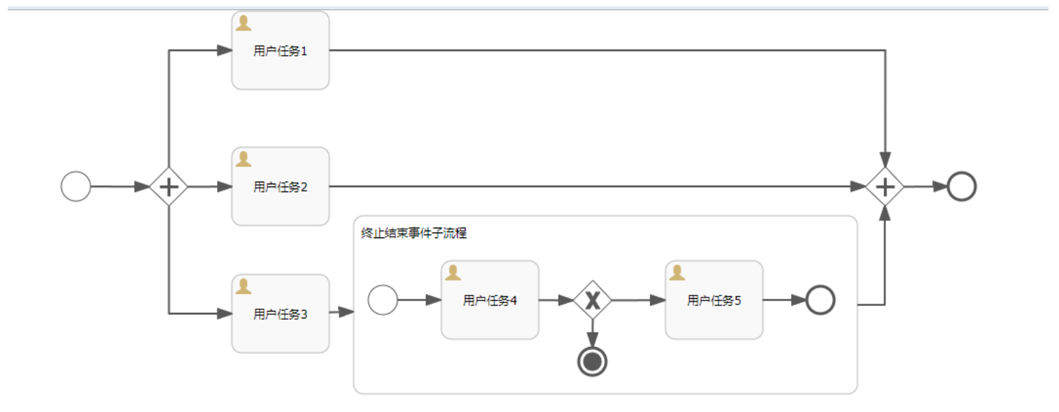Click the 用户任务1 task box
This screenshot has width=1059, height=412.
pyautogui.click(x=280, y=51)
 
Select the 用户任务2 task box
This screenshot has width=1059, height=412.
pyautogui.click(x=280, y=186)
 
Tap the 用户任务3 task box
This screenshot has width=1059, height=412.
pyautogui.click(x=280, y=314)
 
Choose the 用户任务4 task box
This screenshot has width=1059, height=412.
pyautogui.click(x=489, y=300)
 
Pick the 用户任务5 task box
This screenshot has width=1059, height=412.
pyautogui.click(x=713, y=300)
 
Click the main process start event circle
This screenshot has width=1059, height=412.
pyautogui.click(x=75, y=186)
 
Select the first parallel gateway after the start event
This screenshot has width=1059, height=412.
pyautogui.click(x=169, y=186)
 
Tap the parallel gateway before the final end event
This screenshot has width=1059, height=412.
pyautogui.click(x=884, y=186)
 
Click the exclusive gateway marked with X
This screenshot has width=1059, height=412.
pyautogui.click(x=593, y=300)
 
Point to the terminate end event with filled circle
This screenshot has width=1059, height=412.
pyautogui.click(x=593, y=362)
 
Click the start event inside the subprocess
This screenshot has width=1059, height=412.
pyautogui.click(x=383, y=300)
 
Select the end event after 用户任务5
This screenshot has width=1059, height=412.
pyautogui.click(x=820, y=300)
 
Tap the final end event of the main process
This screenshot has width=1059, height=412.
pyautogui.click(x=961, y=186)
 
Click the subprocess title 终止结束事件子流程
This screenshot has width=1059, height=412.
pyautogui.click(x=413, y=233)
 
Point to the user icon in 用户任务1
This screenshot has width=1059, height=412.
pyautogui.click(x=244, y=24)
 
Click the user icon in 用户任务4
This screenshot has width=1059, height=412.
pyautogui.click(x=453, y=273)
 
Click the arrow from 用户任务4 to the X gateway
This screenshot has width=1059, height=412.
pyautogui.click(x=556, y=300)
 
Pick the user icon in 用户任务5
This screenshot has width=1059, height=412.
pyautogui.click(x=677, y=273)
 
